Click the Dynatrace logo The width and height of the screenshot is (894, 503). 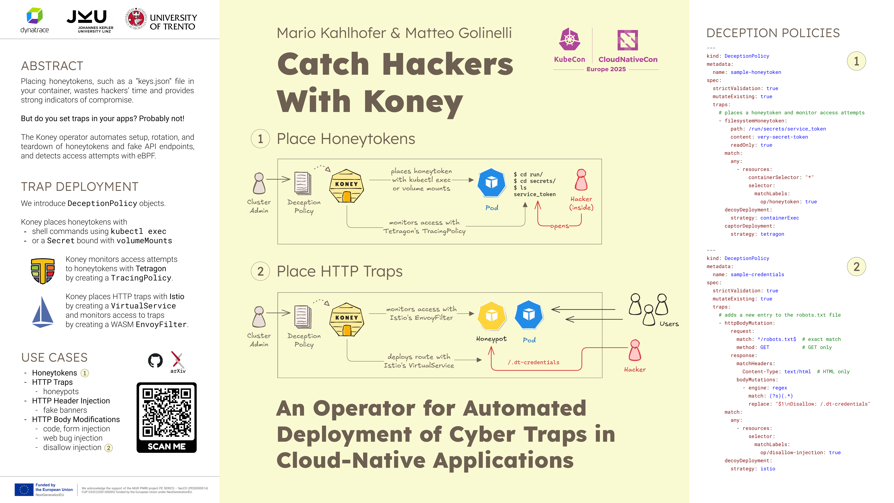tap(35, 20)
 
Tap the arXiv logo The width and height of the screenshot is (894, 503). tap(178, 362)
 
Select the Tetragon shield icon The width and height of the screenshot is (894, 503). tap(43, 271)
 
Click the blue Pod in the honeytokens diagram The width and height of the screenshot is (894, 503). tap(491, 182)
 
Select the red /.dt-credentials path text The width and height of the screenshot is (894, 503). tap(533, 362)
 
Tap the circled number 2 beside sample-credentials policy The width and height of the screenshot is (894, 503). tap(856, 267)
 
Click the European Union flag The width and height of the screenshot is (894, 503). tap(24, 489)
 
